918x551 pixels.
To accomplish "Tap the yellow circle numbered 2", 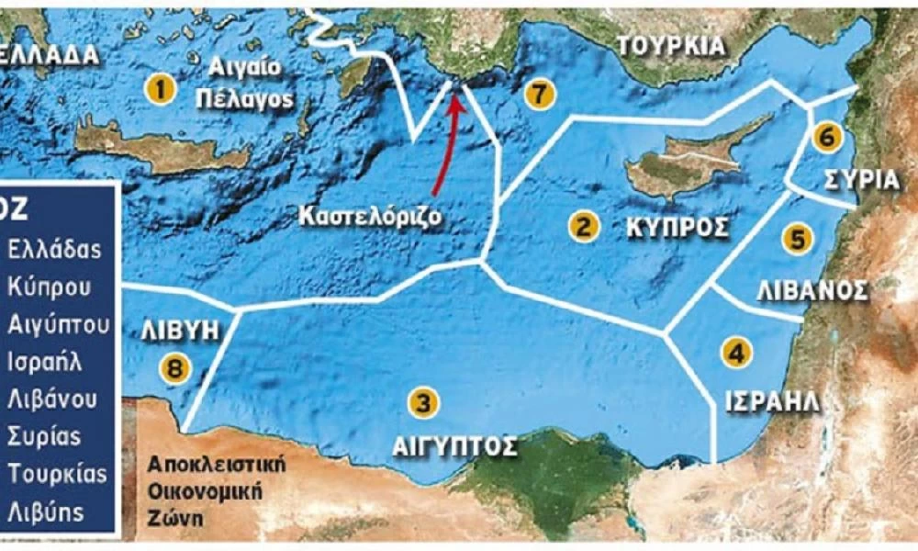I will (580, 226).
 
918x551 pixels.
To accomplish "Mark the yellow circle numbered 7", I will (539, 93).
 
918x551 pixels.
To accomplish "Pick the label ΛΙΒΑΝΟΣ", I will (812, 291).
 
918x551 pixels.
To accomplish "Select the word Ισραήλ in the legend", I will (45, 361).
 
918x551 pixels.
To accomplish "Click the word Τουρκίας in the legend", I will (57, 474).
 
